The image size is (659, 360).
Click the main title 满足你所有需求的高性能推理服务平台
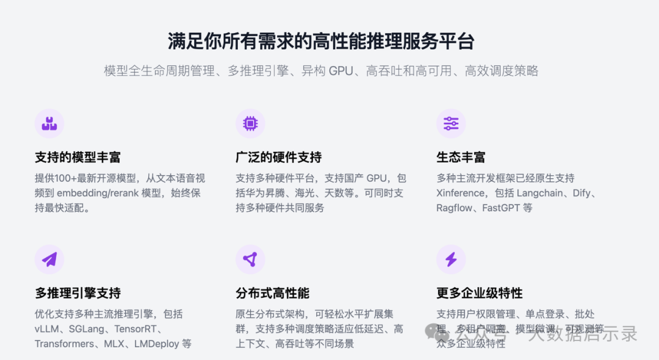click(x=321, y=41)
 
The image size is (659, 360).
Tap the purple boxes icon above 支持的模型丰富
click(x=49, y=124)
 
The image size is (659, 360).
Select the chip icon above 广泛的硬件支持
click(x=250, y=124)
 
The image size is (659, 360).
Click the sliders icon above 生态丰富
click(x=451, y=124)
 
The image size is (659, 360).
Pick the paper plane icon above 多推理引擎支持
click(x=49, y=260)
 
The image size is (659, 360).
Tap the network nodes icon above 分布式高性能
click(x=250, y=260)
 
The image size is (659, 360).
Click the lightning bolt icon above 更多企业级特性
click(x=451, y=260)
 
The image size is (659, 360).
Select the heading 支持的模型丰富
click(x=77, y=157)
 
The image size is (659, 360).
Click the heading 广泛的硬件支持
click(x=278, y=157)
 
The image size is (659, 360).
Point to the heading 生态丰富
click(x=461, y=157)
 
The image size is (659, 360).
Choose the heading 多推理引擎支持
click(x=77, y=293)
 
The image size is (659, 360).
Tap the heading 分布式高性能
click(x=272, y=293)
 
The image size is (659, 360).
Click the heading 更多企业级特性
click(x=479, y=293)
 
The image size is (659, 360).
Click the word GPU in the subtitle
click(x=341, y=71)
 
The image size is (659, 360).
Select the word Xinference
click(x=461, y=193)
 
